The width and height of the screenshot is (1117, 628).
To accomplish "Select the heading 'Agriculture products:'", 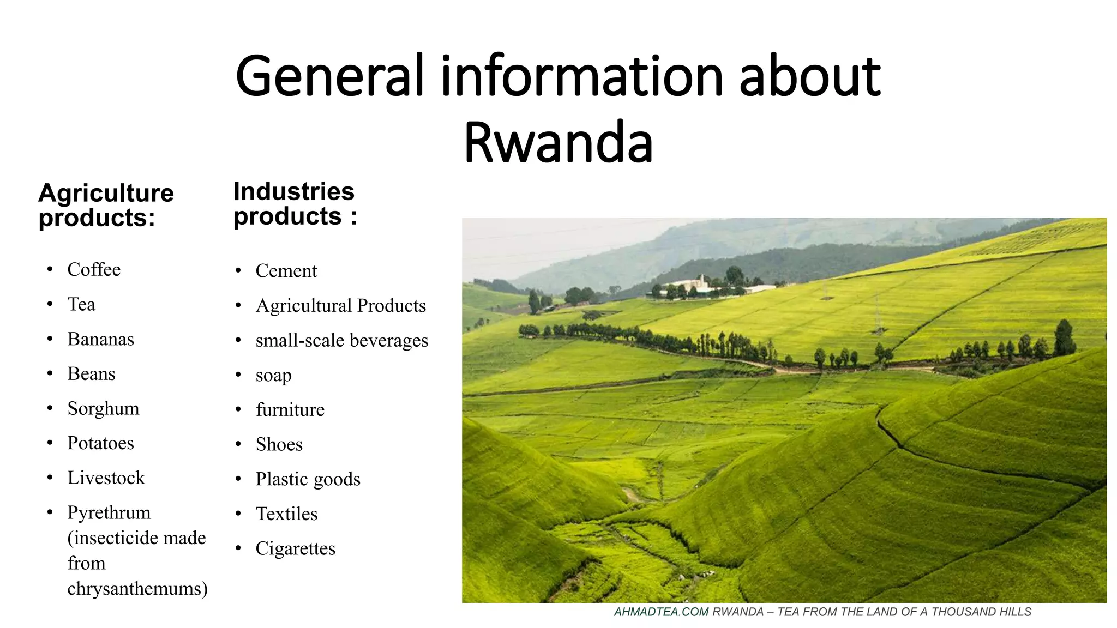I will pos(106,205).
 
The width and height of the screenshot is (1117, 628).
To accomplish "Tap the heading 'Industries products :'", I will pos(295,203).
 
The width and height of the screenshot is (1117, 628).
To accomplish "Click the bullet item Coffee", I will pos(94,269).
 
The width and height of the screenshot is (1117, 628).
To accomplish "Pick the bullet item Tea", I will pos(81,304).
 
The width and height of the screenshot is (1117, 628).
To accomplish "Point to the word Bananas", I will pos(100,339).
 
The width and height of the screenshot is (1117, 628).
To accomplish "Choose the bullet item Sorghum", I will pos(103,408).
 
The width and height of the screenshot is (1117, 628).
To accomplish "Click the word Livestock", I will pos(106,478).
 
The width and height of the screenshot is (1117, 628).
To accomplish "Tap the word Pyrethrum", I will pos(109,512).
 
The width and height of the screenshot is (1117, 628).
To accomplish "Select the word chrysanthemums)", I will pos(137,589).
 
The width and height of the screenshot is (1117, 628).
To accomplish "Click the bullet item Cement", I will pos(286,271).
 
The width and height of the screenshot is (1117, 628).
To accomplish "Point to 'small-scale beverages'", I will pos(341,340).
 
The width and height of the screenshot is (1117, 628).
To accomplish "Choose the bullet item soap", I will pos(273,375).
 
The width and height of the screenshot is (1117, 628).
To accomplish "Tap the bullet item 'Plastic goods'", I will pos(308,479).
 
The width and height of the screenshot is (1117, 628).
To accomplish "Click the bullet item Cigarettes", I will pos(295,548).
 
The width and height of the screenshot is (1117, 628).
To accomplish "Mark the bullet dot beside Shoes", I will pos(238,444).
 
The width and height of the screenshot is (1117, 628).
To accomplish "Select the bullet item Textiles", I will pos(286,514).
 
